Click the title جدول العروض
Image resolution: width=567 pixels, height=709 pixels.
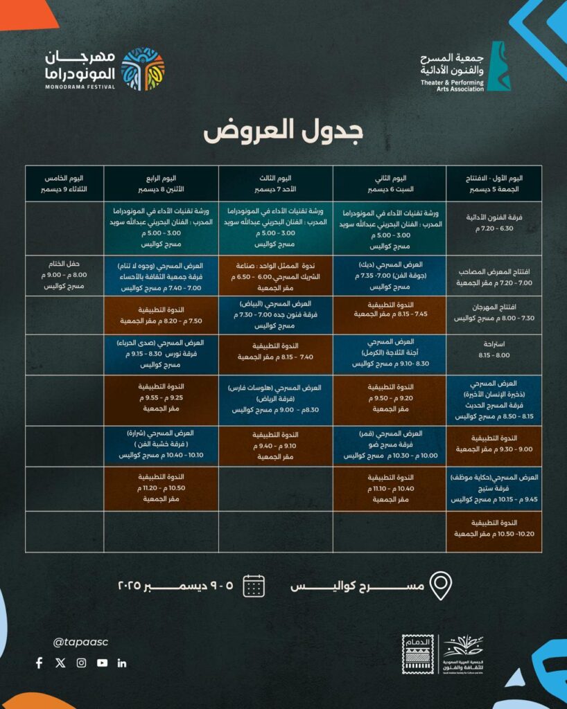tap(283, 131)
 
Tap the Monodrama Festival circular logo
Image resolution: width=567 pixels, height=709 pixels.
tap(143, 69)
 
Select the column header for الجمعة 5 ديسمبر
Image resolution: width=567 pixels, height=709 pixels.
tap(494, 183)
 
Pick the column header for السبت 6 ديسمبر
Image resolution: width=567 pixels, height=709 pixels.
tap(390, 183)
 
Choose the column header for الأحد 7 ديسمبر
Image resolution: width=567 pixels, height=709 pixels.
tap(276, 183)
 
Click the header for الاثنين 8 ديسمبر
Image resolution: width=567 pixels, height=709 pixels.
tap(162, 183)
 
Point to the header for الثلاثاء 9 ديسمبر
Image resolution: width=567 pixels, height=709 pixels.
tap(64, 183)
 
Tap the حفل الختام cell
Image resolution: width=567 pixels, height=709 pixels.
tap(64, 275)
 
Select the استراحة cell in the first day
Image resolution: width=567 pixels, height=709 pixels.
tap(494, 354)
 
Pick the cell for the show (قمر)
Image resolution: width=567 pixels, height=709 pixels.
tap(390, 445)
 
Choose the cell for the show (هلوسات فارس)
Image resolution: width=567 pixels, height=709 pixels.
tap(276, 400)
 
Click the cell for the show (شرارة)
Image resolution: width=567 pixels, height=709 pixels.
tap(162, 445)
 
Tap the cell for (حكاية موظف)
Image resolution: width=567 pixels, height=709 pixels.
tap(494, 488)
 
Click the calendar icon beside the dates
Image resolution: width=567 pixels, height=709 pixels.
tap(254, 586)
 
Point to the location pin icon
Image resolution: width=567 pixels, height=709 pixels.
tap(441, 586)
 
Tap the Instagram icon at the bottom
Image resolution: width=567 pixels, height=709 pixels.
tap(81, 663)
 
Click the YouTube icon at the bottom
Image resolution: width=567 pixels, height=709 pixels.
tap(103, 663)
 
